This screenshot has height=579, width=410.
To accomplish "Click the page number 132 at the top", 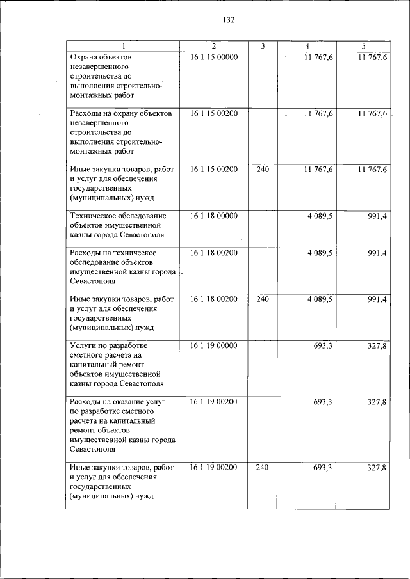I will [x=229, y=20].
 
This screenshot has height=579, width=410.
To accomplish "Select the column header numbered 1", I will [x=124, y=46].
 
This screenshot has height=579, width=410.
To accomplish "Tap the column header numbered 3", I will [x=262, y=46].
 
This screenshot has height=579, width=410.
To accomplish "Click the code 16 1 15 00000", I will [x=214, y=58].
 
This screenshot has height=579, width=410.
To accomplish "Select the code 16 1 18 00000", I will [x=214, y=216].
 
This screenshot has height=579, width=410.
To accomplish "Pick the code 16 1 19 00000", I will [x=214, y=345].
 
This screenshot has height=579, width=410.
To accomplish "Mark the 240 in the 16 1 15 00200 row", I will [x=262, y=170].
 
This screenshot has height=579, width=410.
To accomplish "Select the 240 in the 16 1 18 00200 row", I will [x=262, y=299].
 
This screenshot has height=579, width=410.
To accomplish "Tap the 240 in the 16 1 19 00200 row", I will [x=262, y=468].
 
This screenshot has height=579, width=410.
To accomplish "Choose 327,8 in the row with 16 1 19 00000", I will [x=377, y=345].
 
